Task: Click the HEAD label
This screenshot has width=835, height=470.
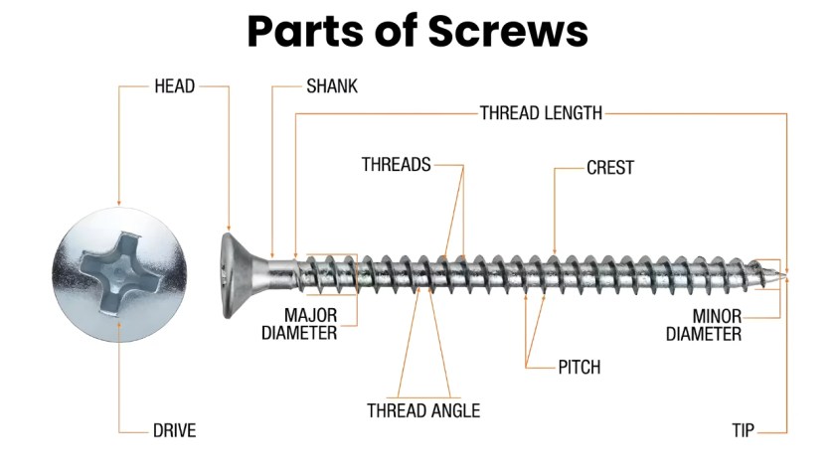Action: (x=174, y=86)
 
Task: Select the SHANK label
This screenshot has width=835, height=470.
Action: (x=332, y=86)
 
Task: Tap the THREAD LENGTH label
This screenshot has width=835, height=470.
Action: (x=541, y=113)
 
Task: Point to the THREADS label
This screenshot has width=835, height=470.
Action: (x=396, y=165)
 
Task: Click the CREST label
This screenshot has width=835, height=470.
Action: (x=609, y=168)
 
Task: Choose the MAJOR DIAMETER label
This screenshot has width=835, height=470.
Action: (x=298, y=325)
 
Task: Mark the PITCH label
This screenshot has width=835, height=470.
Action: (x=579, y=368)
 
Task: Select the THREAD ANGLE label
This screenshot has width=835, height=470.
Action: (x=423, y=410)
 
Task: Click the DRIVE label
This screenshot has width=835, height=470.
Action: (x=174, y=431)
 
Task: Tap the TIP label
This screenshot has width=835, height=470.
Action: (x=744, y=431)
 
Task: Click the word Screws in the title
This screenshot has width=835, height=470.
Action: (x=508, y=32)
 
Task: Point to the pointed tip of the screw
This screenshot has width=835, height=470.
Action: (x=787, y=271)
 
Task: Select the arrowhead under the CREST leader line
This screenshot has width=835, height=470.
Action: (x=554, y=250)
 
